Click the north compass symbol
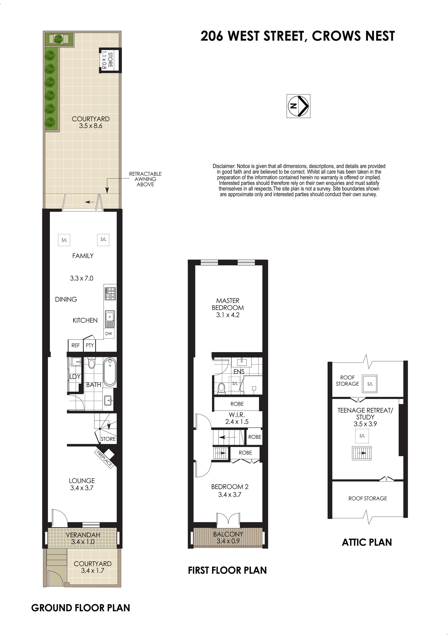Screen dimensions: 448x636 click(x=298, y=106)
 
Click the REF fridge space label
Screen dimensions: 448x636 click(x=76, y=345)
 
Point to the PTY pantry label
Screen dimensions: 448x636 click(x=90, y=345)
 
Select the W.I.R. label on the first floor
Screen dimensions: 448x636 click(x=237, y=415)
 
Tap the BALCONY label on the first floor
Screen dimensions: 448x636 click(x=228, y=534)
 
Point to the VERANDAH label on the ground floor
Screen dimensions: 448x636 click(x=83, y=535)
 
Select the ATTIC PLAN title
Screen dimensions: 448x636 click(x=367, y=542)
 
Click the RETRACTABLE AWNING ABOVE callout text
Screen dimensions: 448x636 click(x=145, y=179)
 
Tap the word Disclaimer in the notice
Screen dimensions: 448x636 click(x=224, y=166)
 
